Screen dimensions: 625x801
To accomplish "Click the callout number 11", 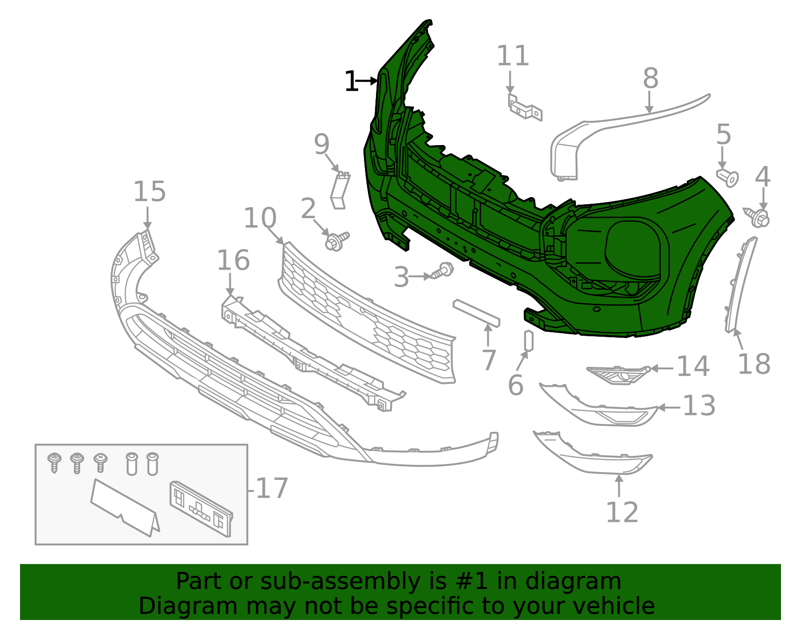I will [x=513, y=56].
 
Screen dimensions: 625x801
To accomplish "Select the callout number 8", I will [x=650, y=79].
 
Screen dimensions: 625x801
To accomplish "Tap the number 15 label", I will [x=149, y=192].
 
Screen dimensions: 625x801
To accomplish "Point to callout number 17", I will [x=272, y=488].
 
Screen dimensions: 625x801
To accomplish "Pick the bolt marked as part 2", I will [x=336, y=241].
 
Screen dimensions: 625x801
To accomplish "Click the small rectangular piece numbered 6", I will [x=529, y=341].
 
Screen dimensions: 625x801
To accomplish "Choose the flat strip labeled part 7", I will [x=476, y=313].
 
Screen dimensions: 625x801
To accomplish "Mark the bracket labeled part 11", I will [x=525, y=107].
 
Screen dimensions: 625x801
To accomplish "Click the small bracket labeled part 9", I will [x=340, y=190].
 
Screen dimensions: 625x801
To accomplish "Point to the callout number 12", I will [x=622, y=512].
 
